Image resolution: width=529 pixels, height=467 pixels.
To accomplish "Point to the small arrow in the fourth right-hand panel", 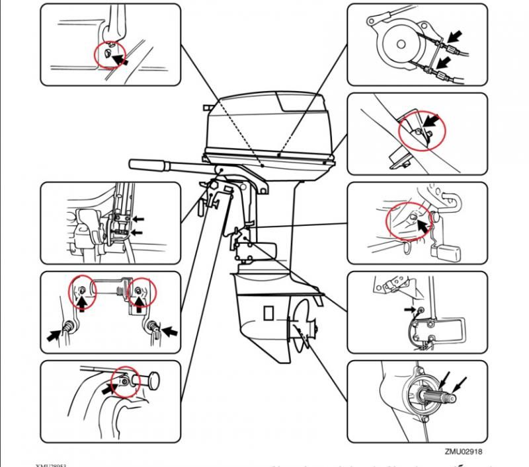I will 409,308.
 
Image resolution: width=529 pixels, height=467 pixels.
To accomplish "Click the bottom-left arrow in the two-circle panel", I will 55,334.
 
